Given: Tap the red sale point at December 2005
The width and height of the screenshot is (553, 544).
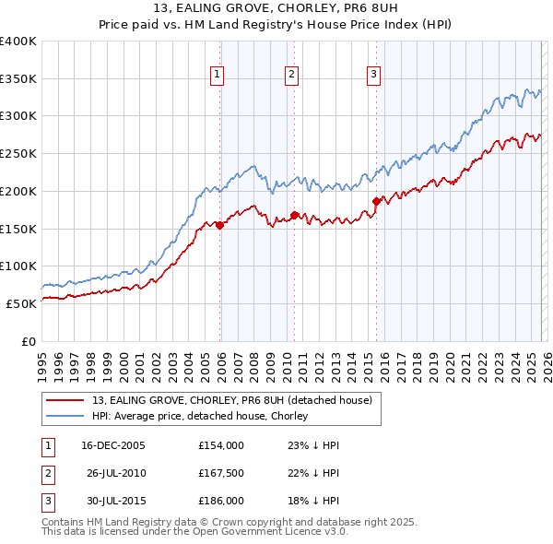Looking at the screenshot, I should coord(220,225).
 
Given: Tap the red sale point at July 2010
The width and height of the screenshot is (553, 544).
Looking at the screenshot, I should coord(294,215).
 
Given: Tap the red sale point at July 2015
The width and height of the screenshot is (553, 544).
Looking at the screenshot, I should coord(376,201).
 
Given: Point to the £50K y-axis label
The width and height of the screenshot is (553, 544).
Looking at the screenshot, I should coord(21,302).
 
